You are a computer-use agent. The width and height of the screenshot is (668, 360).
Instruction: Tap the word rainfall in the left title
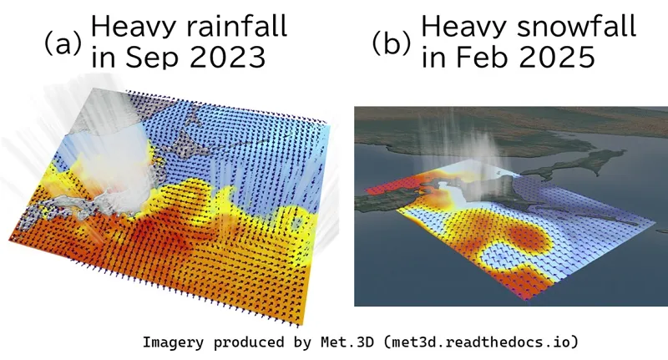237,26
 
